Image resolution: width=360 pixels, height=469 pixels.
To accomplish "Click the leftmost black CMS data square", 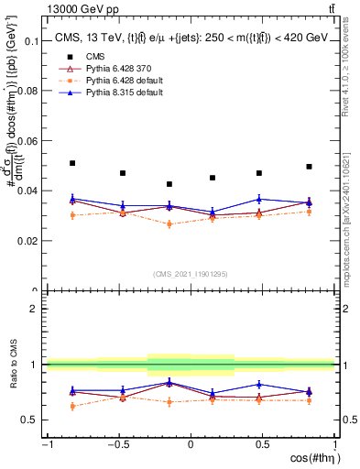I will [72, 163].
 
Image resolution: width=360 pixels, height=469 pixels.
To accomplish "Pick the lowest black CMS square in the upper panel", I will [169, 184].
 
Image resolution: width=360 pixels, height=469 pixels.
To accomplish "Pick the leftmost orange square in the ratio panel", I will [72, 406].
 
